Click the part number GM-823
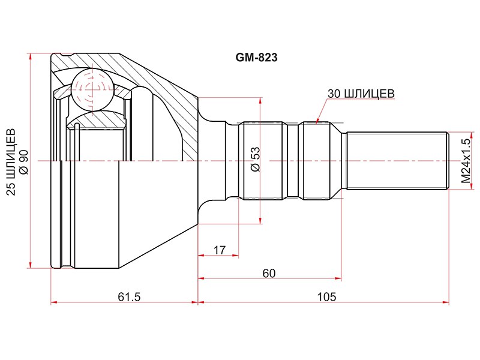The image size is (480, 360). click(x=256, y=57)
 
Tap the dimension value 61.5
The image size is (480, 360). click(x=129, y=296)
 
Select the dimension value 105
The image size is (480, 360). click(x=326, y=296)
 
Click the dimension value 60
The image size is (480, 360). click(x=269, y=273)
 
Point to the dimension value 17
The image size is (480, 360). click(x=219, y=250)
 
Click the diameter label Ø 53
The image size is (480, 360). click(x=255, y=159)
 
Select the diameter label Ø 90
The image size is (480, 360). click(x=24, y=162)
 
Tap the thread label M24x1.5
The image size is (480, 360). click(x=466, y=161)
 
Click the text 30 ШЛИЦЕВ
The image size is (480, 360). click(x=361, y=94)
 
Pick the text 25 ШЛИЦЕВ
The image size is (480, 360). click(x=11, y=162)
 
